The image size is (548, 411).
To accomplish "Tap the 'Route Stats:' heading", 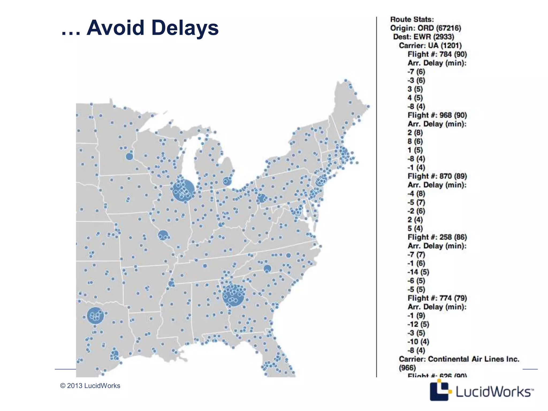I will [412, 20].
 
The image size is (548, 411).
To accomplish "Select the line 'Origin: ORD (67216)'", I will [425, 28].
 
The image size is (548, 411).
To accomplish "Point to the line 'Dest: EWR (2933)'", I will [424, 37].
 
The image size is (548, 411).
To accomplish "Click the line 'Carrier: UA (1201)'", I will [430, 45].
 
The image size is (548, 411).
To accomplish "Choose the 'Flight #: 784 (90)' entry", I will [437, 54].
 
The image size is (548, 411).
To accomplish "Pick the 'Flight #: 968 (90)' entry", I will [437, 115].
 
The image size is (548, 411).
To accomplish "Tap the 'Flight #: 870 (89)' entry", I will [437, 176].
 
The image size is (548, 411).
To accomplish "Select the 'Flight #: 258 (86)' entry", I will [437, 237].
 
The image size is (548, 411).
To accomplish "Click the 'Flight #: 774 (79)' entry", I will [437, 298].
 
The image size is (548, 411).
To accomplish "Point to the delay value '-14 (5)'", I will [418, 272].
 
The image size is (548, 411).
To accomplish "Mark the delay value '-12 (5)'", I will [418, 324].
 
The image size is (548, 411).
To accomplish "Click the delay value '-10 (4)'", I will [418, 342].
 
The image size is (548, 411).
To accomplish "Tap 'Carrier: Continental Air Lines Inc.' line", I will [459, 359].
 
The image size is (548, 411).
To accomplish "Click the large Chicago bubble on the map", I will [183, 190].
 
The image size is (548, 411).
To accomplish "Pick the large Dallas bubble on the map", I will [95, 316].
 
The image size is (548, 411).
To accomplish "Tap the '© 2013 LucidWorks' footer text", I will [90, 386].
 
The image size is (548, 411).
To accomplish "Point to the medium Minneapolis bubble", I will [129, 157].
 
